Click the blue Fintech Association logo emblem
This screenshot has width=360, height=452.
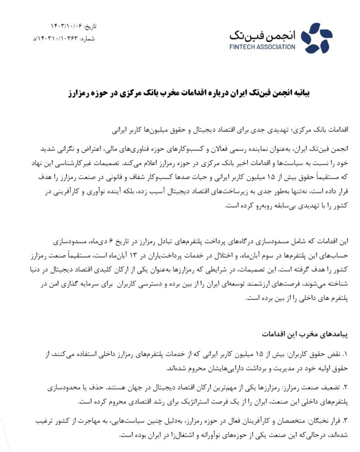tap(316, 38)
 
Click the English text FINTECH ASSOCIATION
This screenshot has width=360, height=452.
tap(262, 47)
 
